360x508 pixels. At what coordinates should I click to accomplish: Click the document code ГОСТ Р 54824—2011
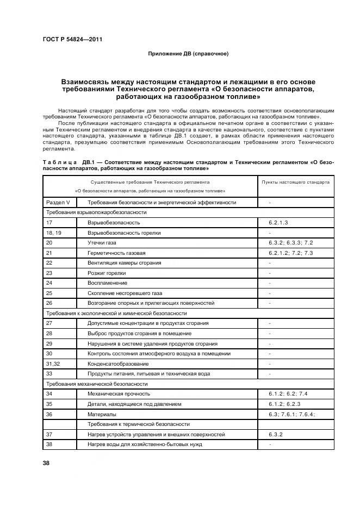[72, 39]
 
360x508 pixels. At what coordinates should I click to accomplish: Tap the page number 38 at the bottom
[46, 463]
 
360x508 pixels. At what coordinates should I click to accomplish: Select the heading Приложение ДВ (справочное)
[188, 53]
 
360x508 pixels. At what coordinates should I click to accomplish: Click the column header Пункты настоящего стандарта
[295, 182]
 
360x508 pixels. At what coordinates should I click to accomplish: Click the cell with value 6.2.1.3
[278, 223]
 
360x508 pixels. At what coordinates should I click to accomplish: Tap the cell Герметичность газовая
[116, 253]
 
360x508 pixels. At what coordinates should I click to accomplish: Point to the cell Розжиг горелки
[107, 273]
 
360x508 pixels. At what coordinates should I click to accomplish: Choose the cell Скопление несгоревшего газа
[125, 293]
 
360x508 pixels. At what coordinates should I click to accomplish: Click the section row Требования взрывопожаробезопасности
[96, 212]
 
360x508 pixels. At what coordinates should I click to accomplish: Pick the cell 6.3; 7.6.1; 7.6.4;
[291, 413]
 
